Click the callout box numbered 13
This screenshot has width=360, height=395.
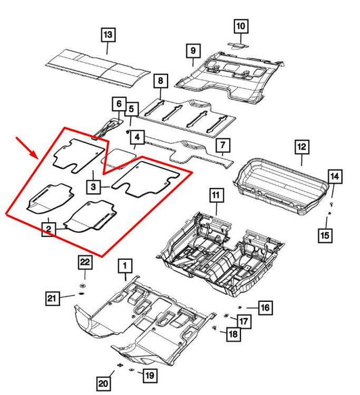[x=108, y=34]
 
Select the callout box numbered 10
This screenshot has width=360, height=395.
[x=241, y=26]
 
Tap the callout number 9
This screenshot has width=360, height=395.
[x=192, y=51]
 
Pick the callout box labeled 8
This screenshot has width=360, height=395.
[x=160, y=82]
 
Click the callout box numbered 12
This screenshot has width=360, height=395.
[x=301, y=147]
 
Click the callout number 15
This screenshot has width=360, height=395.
[x=326, y=235]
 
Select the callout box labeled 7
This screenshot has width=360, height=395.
[x=220, y=144]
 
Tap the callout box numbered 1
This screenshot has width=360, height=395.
[x=123, y=267]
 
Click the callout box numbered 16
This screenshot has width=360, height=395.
[x=264, y=308]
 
